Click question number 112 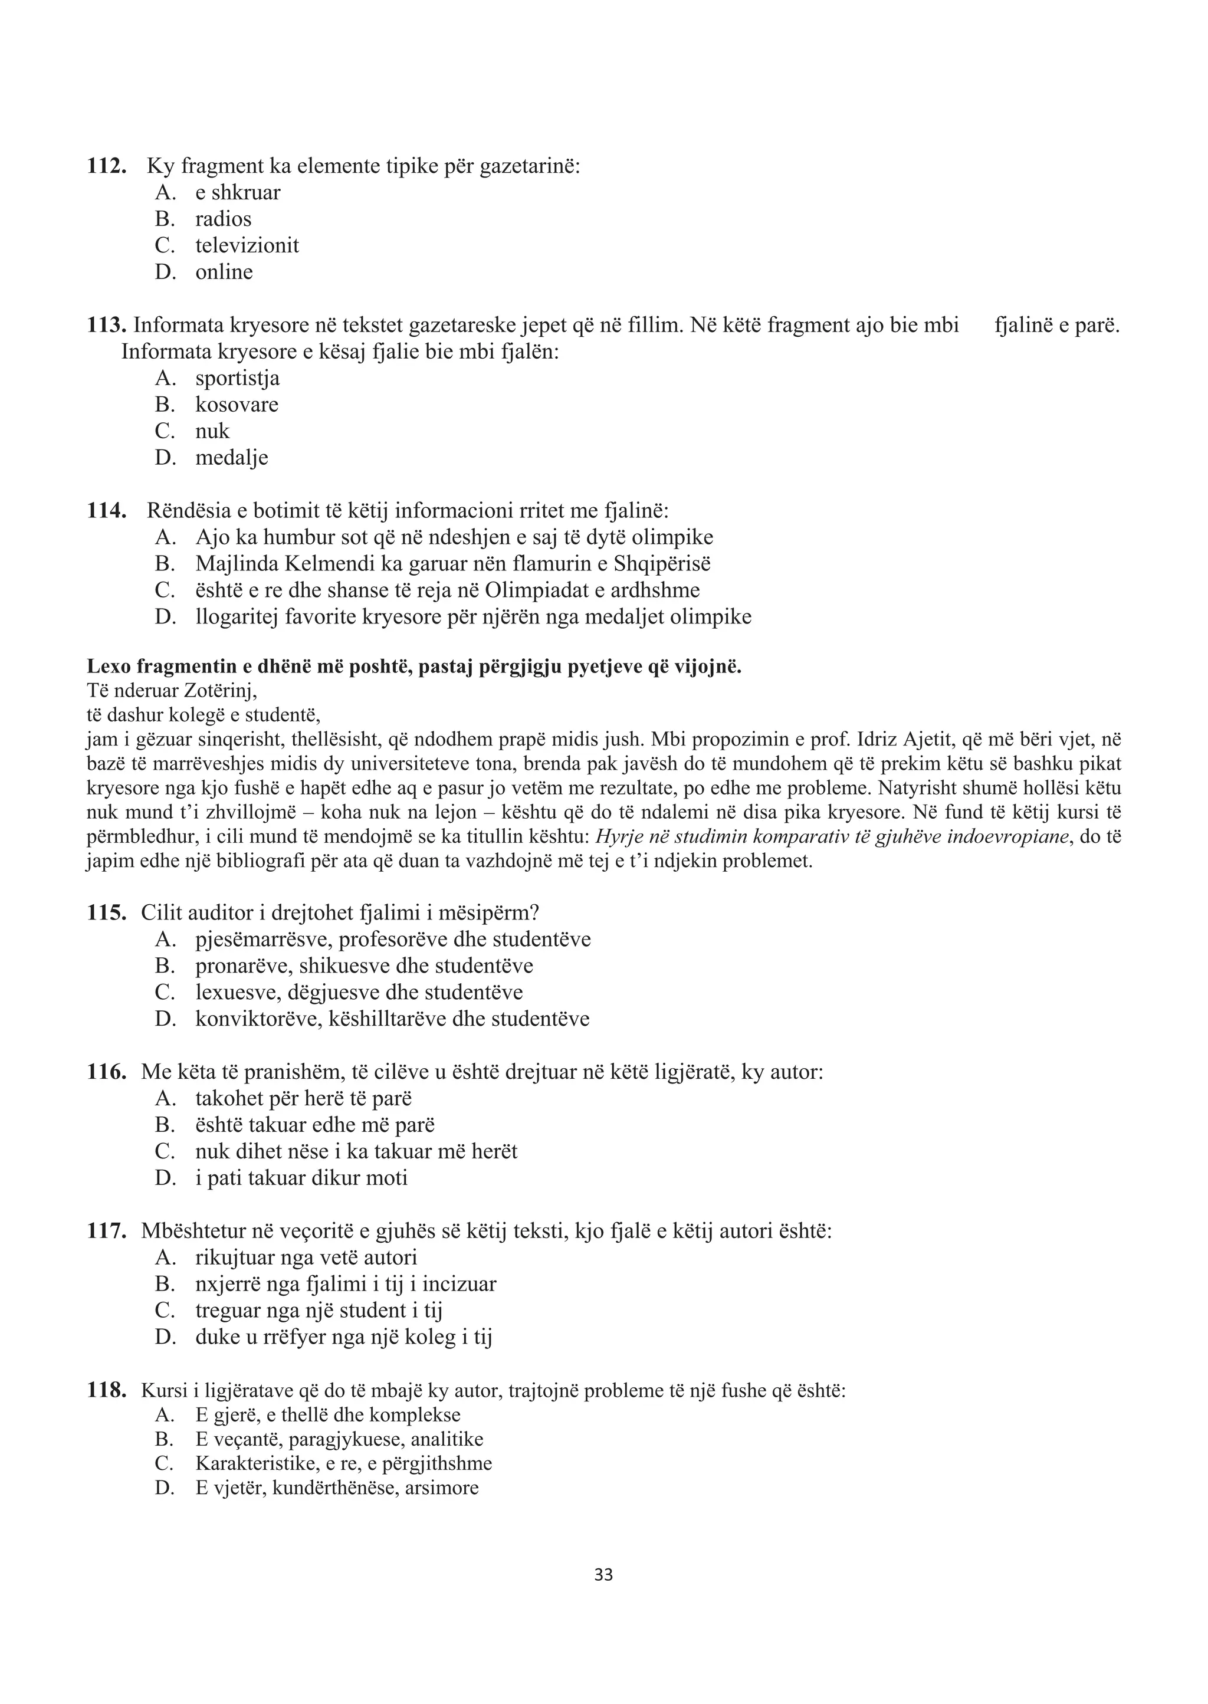pos(106,165)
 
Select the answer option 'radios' pos(223,219)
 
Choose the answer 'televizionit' pos(247,245)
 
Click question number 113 pos(106,325)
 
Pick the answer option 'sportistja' pos(237,378)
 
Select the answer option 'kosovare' pos(237,405)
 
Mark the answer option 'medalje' pos(231,458)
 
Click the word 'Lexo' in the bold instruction pos(106,667)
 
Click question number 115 pos(106,912)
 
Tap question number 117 pos(106,1231)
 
